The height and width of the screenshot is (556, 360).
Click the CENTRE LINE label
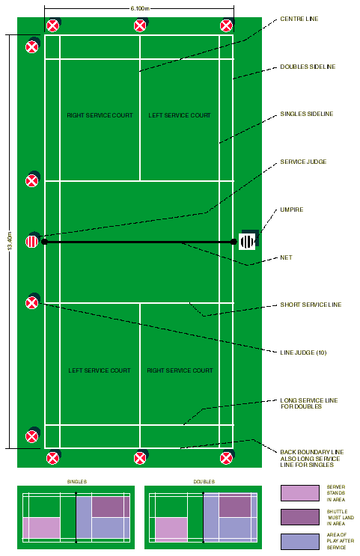pyautogui.click(x=299, y=19)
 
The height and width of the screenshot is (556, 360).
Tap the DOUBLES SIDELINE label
pyautogui.click(x=308, y=67)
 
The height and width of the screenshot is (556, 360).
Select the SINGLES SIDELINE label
pyautogui.click(x=306, y=114)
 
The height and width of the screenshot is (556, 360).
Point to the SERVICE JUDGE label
pyautogui.click(x=303, y=162)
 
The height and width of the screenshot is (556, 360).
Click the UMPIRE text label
pyautogui.click(x=292, y=210)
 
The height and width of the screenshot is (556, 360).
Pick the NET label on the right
pyautogui.click(x=286, y=257)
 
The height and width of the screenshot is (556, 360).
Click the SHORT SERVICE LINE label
pyautogui.click(x=311, y=305)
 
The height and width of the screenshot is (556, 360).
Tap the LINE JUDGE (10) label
pyautogui.click(x=303, y=352)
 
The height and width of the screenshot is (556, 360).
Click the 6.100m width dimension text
pyautogui.click(x=140, y=8)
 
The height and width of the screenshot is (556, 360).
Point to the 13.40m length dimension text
pyautogui.click(x=10, y=241)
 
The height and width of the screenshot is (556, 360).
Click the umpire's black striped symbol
pyautogui.click(x=247, y=242)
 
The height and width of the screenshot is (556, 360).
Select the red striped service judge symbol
pyautogui.click(x=32, y=242)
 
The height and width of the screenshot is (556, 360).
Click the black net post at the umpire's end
pyautogui.click(x=234, y=242)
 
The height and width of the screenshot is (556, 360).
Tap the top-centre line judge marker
pyautogui.click(x=140, y=26)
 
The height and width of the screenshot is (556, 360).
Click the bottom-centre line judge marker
pyautogui.click(x=140, y=458)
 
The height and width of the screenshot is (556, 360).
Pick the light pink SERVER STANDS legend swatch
pyautogui.click(x=299, y=493)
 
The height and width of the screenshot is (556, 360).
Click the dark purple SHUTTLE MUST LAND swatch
pyautogui.click(x=299, y=517)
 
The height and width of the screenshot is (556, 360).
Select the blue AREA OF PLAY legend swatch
pyautogui.click(x=299, y=542)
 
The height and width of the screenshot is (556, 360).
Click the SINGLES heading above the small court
pyautogui.click(x=77, y=481)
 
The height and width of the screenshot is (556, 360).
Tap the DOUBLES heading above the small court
pyautogui.click(x=204, y=481)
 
